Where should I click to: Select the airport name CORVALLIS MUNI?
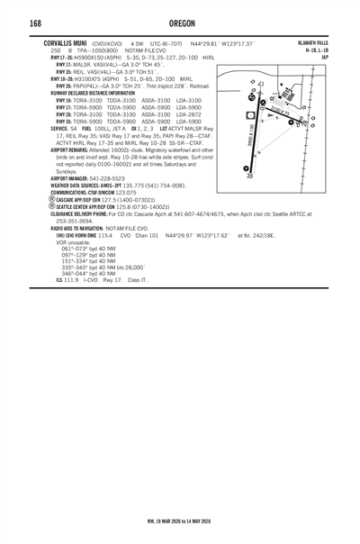[x=66, y=42]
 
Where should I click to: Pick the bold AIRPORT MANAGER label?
[x=74, y=178]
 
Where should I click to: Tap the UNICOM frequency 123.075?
[x=132, y=192]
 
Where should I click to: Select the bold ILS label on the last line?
[x=60, y=281]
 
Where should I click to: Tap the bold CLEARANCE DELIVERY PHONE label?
[x=84, y=213]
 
